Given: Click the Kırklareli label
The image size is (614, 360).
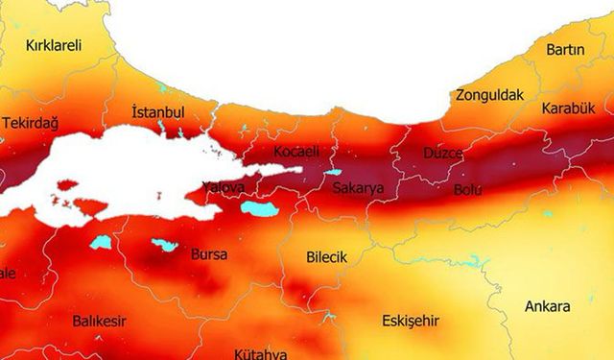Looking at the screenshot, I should (54, 45).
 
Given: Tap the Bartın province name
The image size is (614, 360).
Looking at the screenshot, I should (565, 49).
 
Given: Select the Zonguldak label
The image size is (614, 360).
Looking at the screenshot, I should (489, 95).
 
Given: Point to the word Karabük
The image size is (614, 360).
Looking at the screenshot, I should (568, 108).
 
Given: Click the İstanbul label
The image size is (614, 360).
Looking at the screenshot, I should (157, 112).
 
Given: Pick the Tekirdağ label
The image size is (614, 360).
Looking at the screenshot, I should (31, 124).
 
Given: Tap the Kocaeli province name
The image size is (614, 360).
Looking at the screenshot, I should (295, 152).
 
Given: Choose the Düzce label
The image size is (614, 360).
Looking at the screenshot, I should (443, 154).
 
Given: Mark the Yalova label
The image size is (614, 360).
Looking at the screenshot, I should (224, 186).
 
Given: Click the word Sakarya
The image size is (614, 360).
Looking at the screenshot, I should (357, 189).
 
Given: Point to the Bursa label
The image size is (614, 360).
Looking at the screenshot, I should (209, 256).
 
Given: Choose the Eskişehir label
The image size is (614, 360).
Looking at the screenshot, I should (410, 320).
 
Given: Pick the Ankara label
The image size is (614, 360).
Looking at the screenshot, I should (547, 307).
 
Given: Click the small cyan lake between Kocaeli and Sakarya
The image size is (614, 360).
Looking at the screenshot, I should (333, 173).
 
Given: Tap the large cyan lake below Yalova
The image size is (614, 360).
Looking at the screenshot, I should (258, 207).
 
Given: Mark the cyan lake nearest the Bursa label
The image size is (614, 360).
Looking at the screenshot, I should (164, 245).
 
